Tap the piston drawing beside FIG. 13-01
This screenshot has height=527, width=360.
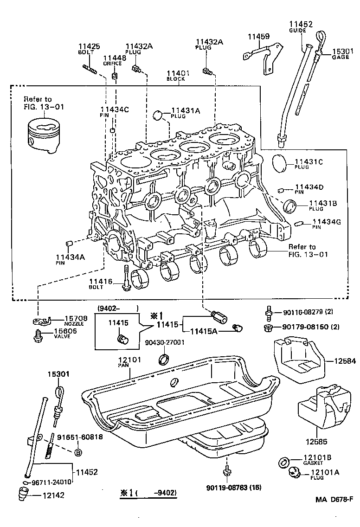[43, 135]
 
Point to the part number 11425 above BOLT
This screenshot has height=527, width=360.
[89, 46]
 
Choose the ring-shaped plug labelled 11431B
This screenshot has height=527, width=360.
[290, 204]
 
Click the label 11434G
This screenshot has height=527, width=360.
[327, 222]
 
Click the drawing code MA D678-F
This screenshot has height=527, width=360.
[334, 499]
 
